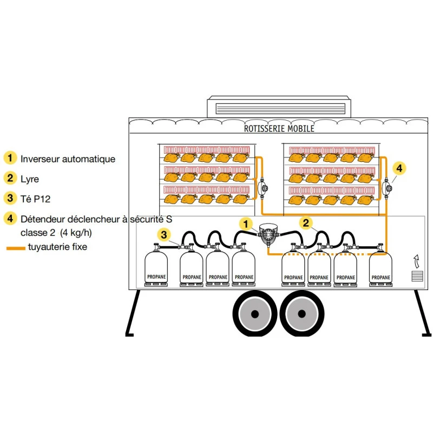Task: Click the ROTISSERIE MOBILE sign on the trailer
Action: [x=279, y=129]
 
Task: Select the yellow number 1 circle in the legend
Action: [x=10, y=159]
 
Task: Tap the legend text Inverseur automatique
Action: [x=68, y=159]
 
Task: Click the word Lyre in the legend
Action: [x=30, y=179]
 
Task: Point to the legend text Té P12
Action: [x=35, y=199]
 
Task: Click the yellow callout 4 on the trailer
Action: [x=398, y=169]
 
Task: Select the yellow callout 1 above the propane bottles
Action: [x=246, y=224]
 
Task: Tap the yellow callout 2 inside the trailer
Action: [x=306, y=222]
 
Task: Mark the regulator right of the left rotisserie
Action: [x=264, y=188]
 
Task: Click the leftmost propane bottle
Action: [x=156, y=267]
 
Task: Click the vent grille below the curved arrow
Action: [x=416, y=277]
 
